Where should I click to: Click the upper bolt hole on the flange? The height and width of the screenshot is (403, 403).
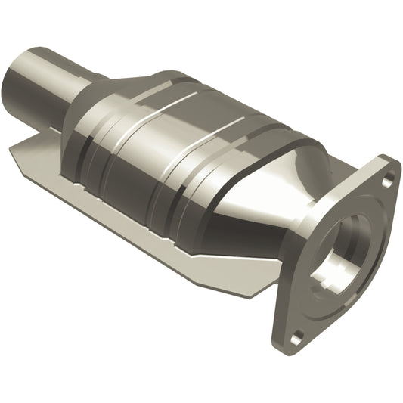coord(387,180)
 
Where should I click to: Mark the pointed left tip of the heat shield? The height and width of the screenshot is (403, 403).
coord(14,150)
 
